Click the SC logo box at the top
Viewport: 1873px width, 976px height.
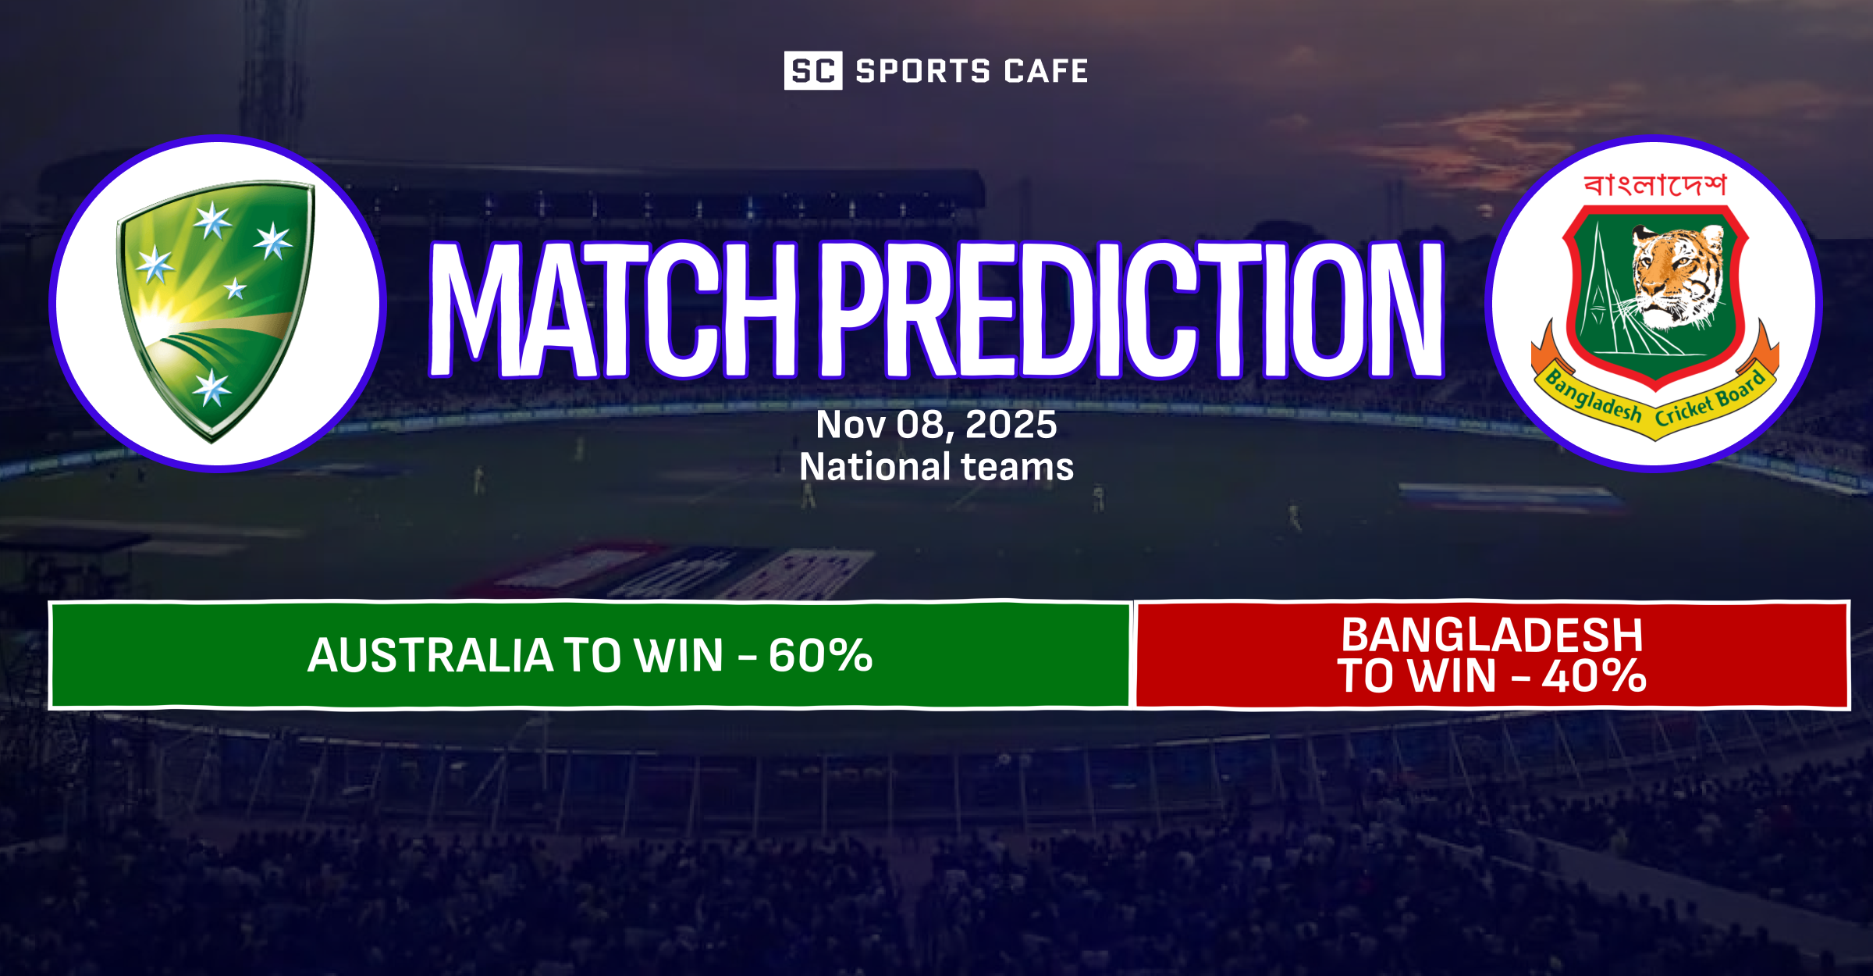click(x=812, y=71)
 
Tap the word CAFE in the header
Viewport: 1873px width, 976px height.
click(x=1046, y=71)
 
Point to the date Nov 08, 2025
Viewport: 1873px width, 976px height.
click(x=936, y=425)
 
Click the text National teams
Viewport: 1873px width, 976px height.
click(x=936, y=467)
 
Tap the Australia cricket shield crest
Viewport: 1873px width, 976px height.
click(x=215, y=308)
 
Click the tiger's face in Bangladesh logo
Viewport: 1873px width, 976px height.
click(x=1678, y=273)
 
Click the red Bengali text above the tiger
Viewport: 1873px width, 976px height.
click(x=1655, y=186)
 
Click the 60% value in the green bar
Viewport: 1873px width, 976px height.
click(x=820, y=655)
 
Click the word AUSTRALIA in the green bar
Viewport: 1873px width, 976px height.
click(x=429, y=655)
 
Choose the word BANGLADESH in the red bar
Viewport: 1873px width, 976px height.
click(x=1491, y=635)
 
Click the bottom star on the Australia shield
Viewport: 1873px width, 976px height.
click(x=211, y=387)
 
